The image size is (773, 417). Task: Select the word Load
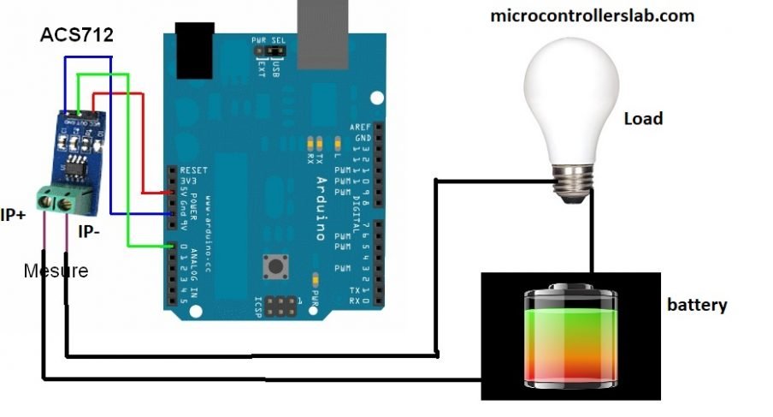click(643, 118)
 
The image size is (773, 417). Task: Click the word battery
click(697, 304)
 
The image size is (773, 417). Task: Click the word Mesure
click(56, 271)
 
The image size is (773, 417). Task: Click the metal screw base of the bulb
click(574, 182)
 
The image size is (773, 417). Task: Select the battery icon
click(570, 336)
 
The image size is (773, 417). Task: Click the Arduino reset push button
click(276, 266)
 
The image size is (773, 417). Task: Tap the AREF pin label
click(360, 128)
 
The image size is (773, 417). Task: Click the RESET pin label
click(194, 170)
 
